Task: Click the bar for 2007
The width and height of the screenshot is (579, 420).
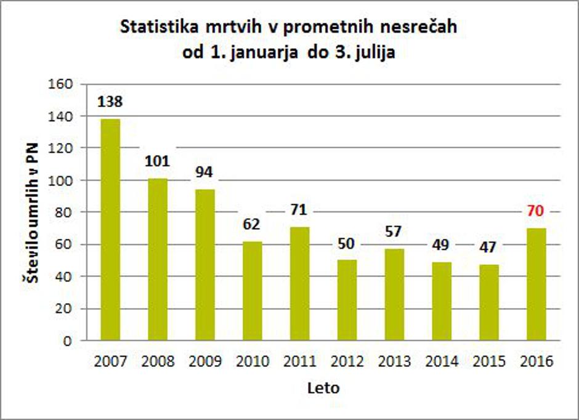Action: tap(110, 229)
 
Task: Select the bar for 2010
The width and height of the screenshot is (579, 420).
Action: tap(252, 291)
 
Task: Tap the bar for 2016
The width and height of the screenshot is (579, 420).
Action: tap(536, 284)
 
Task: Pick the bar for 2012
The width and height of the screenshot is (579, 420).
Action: tap(347, 300)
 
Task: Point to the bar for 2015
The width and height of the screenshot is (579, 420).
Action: tap(488, 302)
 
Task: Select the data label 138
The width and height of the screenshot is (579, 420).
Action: tap(110, 102)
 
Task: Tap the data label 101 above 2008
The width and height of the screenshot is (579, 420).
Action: tap(158, 162)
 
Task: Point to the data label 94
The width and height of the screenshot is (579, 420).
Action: tap(204, 173)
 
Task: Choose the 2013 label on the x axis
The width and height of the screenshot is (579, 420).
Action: tap(394, 361)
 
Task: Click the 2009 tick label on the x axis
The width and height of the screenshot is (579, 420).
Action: tap(204, 361)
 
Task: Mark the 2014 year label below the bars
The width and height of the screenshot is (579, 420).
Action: tap(441, 361)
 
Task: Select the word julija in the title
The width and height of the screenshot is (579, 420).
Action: tap(370, 53)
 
